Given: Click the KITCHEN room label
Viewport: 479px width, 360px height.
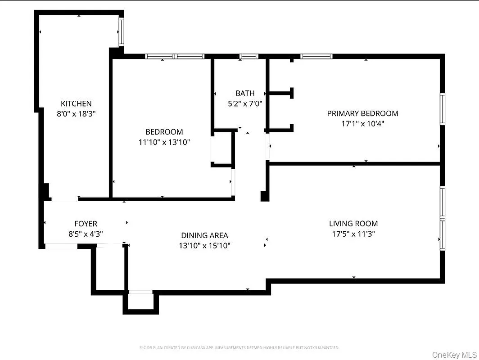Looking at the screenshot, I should pos(76,103).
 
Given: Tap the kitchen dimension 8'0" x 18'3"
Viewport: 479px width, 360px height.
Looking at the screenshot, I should pos(76,114).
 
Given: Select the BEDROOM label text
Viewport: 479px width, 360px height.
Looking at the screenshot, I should pos(164,132).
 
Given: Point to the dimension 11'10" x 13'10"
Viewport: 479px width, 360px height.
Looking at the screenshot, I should pos(164,142).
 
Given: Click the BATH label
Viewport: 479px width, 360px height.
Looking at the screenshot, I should pos(245,93).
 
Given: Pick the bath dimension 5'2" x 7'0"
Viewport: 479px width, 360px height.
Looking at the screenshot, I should pos(245,103).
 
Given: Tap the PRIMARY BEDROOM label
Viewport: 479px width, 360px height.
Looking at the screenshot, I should pos(362,113).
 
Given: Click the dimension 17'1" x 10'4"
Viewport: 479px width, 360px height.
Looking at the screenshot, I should pos(362,123).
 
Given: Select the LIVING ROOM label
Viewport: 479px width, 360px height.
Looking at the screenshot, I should pos(353,223).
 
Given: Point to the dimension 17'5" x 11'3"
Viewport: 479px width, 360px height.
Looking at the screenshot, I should pos(353,234).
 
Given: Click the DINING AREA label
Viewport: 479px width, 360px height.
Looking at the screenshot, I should pos(204,235).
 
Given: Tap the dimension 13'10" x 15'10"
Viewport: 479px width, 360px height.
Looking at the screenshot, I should pos(204,245).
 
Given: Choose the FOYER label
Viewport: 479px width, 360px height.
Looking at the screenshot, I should pos(86,224).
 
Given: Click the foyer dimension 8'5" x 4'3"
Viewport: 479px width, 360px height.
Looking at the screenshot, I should pos(86,234).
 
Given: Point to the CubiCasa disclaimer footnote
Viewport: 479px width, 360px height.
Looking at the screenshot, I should pos(239,347).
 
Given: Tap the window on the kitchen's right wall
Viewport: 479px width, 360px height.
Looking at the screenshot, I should pos(121,31).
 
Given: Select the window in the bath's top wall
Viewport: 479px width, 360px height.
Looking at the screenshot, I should pos(249,56).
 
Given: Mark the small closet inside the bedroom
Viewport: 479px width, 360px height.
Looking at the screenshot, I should pos(221,148).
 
